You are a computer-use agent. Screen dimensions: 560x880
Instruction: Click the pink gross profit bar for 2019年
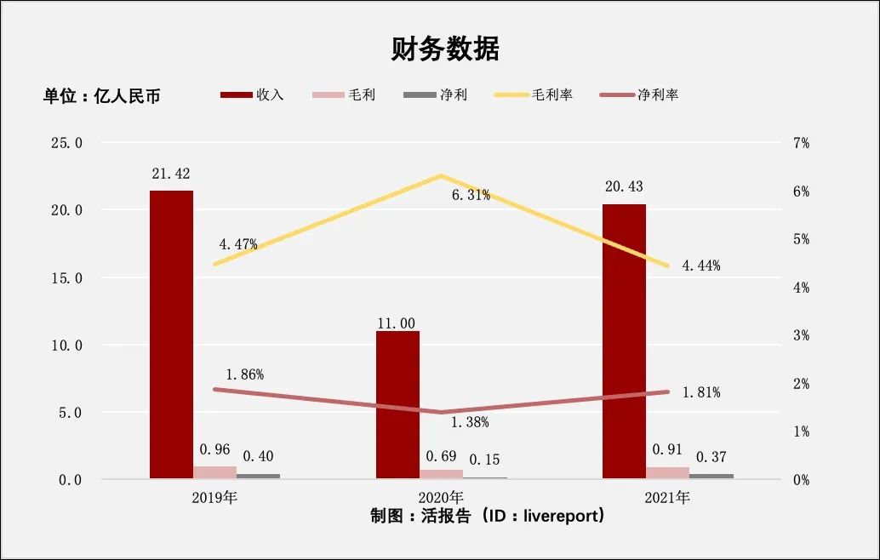[x=214, y=472]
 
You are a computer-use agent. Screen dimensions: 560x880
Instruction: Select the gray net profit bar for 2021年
[x=711, y=476]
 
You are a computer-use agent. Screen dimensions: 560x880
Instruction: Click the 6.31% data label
[x=471, y=195]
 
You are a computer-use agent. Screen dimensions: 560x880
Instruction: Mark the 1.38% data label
[x=470, y=422]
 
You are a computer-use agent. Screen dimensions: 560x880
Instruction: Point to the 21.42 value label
[x=171, y=174]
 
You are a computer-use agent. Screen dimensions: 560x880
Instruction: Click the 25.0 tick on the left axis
[x=66, y=143]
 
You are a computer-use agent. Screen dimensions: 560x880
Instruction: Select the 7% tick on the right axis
[x=801, y=143]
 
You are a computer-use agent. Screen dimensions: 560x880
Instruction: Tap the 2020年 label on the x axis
[x=441, y=497]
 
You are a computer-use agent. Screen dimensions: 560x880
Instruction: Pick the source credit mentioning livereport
[x=488, y=516]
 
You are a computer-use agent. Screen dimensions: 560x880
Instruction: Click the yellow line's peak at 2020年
[x=441, y=175]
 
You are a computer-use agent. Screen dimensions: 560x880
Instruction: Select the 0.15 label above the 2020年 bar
[x=483, y=460]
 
